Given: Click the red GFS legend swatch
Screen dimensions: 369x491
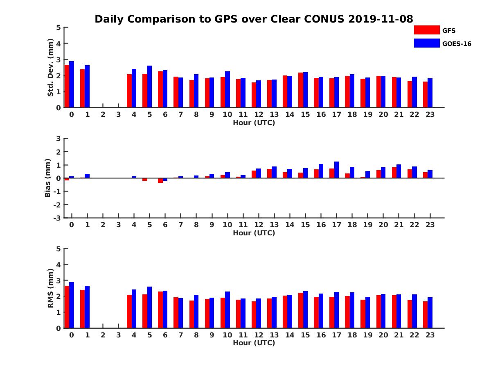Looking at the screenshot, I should click(426, 30).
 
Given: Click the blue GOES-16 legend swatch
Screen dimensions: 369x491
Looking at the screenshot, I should click(426, 43).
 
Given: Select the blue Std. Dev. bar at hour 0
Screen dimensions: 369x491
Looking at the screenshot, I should click(72, 84).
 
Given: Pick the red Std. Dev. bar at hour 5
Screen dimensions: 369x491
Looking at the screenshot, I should click(145, 91).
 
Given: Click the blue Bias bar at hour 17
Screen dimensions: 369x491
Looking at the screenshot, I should click(336, 170).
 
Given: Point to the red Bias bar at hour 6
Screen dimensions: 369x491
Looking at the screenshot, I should click(160, 180).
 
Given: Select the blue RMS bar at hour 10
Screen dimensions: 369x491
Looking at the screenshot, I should click(227, 310).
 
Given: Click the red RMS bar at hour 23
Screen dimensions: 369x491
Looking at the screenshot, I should click(426, 314).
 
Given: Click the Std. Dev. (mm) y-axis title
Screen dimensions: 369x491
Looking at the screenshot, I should click(50, 68).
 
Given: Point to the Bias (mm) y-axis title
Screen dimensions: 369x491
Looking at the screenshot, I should click(48, 178).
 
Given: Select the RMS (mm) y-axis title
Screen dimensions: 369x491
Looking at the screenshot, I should click(50, 288).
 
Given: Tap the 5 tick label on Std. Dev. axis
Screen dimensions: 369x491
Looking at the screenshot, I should click(59, 27).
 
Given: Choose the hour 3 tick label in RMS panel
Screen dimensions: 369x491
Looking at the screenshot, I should click(118, 335).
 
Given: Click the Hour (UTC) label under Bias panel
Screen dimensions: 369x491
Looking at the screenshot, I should click(254, 233).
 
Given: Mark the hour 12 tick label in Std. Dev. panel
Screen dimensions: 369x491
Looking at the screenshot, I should click(259, 114).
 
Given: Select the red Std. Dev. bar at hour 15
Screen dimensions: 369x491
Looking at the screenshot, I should click(301, 90).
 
